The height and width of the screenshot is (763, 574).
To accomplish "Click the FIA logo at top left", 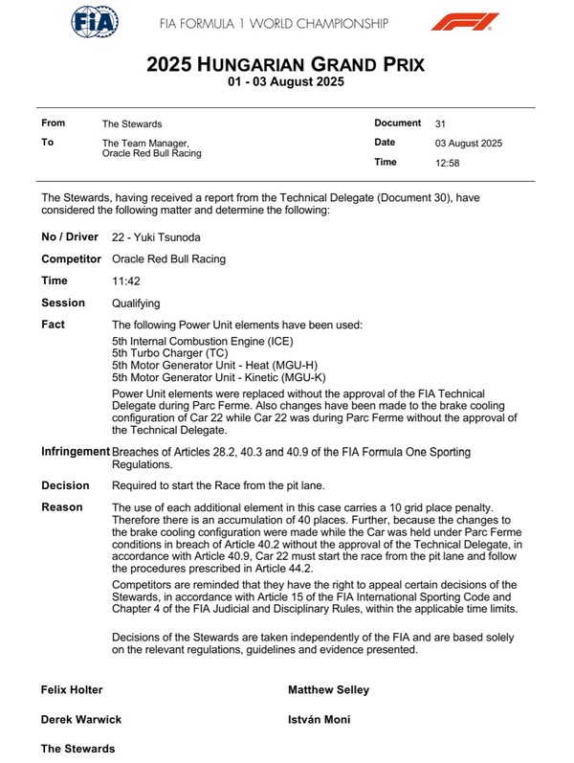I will [x=96, y=21].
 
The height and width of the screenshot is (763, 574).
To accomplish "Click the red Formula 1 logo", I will [x=465, y=21].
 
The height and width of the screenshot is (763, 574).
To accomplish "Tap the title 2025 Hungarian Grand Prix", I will [x=286, y=64].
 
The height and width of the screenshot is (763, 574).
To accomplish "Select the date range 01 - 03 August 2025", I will [x=286, y=82].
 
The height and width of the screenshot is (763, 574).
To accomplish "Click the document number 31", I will [x=439, y=123].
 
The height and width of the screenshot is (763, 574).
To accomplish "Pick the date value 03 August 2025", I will [x=468, y=144].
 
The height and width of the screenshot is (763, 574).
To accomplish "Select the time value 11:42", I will [x=126, y=281].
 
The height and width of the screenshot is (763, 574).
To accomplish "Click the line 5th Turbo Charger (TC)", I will [x=168, y=353].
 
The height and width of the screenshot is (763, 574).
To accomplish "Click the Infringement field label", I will [x=75, y=451].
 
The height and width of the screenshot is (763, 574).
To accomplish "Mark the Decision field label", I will [x=65, y=485].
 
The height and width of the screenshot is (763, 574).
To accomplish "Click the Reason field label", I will [x=62, y=507].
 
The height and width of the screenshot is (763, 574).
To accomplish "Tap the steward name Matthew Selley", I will [x=328, y=689].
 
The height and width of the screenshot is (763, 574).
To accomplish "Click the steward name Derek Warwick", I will [x=80, y=719].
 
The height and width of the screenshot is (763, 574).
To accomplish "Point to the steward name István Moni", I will [x=321, y=719].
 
